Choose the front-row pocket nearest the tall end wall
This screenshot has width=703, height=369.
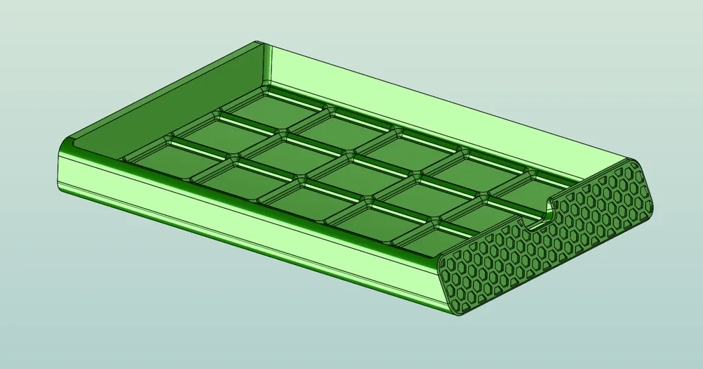click(x=162, y=158)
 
